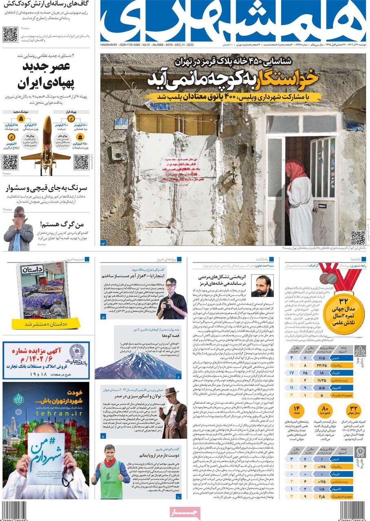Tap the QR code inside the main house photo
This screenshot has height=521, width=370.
358,237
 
